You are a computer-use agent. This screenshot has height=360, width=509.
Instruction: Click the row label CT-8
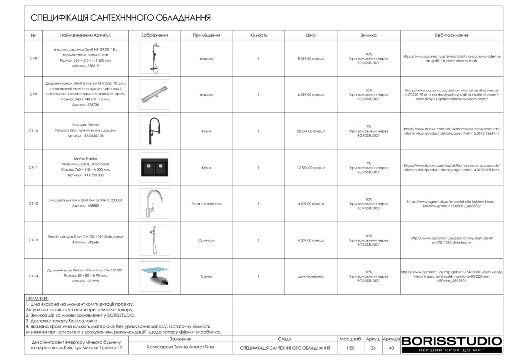(x=33, y=58)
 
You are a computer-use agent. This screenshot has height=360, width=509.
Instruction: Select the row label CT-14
(x=33, y=276)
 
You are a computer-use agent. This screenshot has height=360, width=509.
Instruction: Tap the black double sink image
(x=154, y=167)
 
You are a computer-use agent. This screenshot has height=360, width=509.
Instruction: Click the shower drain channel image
(x=154, y=94)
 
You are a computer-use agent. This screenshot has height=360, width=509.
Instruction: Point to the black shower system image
(x=154, y=58)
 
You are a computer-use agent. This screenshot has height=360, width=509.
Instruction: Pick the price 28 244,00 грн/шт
(x=311, y=131)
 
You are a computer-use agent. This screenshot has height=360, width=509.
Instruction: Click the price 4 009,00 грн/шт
(x=311, y=240)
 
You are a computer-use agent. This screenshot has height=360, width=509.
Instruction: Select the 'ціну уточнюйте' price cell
(x=311, y=276)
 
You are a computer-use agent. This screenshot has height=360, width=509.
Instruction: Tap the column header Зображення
(x=154, y=35)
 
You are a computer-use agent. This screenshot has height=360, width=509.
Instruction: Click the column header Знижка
(x=368, y=35)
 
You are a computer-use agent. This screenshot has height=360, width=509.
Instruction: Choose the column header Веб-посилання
(x=451, y=35)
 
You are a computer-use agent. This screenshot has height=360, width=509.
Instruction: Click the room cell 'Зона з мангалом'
(x=206, y=204)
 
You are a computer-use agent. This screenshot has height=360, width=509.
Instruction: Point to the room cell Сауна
(x=206, y=276)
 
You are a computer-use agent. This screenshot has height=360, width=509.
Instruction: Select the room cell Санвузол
(x=206, y=240)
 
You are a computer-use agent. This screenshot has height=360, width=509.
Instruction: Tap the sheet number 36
(x=373, y=348)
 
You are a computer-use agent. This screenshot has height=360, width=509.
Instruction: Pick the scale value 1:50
(x=351, y=348)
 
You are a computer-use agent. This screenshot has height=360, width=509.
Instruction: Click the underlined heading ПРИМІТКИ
(x=37, y=298)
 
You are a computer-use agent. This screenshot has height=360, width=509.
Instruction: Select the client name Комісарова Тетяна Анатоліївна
(x=180, y=347)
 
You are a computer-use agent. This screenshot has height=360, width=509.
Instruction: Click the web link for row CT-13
(x=451, y=240)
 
